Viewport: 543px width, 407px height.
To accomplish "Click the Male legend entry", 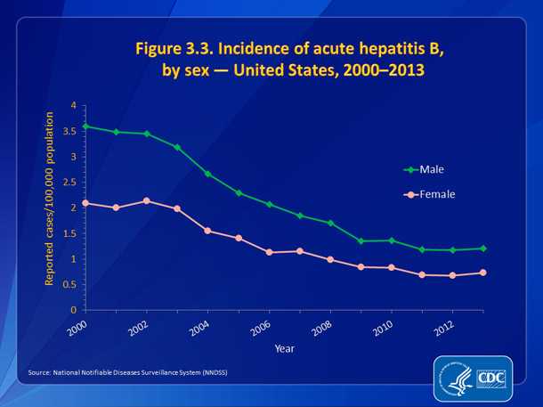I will coord(432,168).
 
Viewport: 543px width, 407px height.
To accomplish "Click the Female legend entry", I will coord(437,193).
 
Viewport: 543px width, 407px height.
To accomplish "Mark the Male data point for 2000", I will coord(85,126).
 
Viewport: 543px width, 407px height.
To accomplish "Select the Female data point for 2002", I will coord(147,200).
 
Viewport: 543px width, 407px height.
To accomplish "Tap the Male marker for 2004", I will coord(208,174).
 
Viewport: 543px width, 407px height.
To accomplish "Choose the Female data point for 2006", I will coord(270,252).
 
